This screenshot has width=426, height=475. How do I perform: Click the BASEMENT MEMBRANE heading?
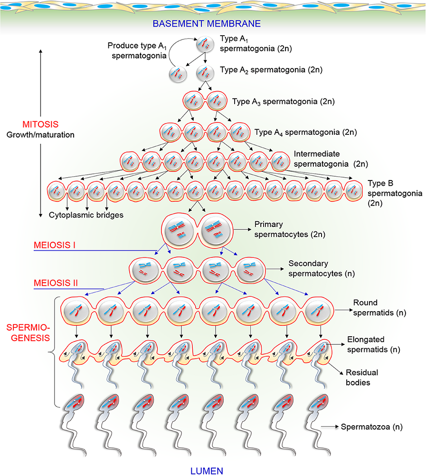[x=213, y=23]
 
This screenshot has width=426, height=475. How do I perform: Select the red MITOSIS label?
[x=41, y=124]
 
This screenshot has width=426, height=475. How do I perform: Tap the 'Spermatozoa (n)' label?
[x=371, y=427]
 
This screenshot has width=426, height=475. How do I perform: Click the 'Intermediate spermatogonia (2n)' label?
[x=324, y=159]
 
